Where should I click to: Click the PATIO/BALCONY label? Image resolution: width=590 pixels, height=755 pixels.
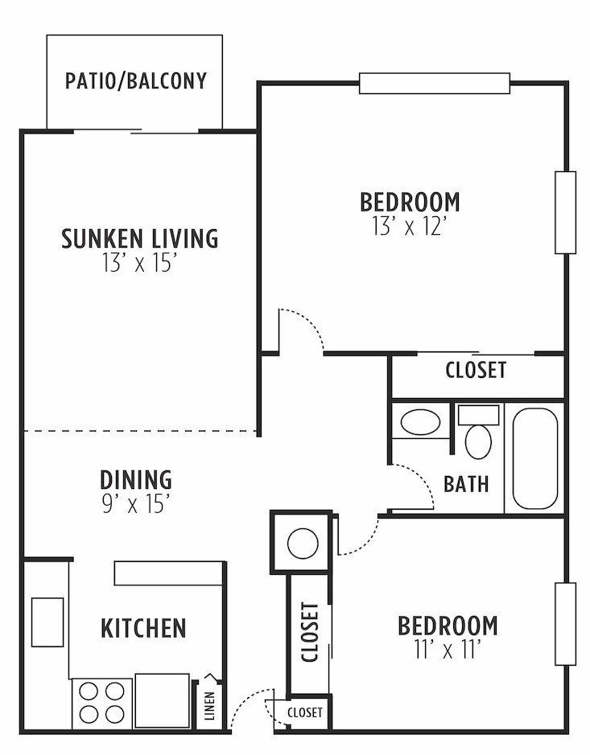[135, 81]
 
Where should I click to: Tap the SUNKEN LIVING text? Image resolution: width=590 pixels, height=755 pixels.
[139, 238]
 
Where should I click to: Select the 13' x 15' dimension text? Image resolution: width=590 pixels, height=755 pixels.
[139, 264]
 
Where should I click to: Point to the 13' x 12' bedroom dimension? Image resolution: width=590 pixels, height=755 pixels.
[409, 226]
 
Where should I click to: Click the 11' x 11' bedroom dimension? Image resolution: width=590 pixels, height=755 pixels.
[448, 650]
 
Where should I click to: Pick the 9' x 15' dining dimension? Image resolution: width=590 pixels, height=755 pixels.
[135, 504]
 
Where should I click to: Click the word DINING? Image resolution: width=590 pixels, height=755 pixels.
[135, 479]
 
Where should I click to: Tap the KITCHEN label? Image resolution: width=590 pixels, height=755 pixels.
[143, 628]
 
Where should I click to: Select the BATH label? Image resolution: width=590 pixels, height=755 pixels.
[466, 484]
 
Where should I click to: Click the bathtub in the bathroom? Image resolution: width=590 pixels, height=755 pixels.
[534, 458]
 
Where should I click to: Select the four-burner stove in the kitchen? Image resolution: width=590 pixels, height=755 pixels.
[101, 703]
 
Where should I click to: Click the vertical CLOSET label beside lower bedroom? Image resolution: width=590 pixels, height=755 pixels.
[310, 632]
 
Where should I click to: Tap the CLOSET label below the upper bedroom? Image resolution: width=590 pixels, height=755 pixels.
[476, 370]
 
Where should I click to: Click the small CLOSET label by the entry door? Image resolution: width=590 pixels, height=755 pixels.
[304, 712]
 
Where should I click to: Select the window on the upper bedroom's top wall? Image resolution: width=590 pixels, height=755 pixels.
[434, 83]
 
